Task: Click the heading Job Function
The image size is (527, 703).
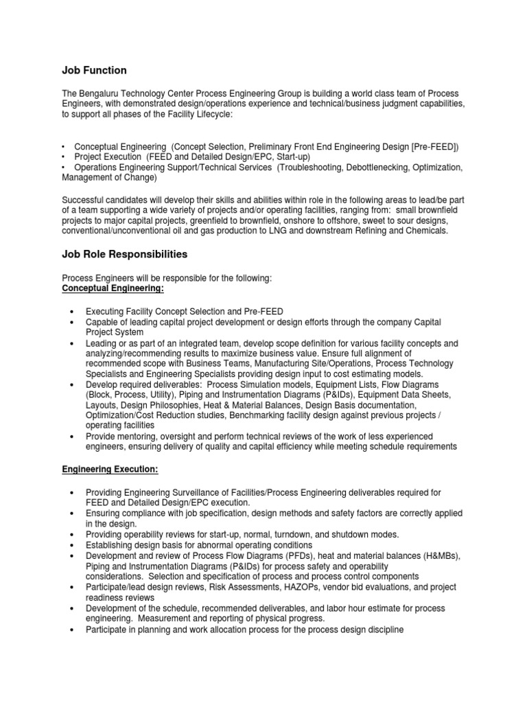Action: click(94, 70)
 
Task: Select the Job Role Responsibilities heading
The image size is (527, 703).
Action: click(124, 254)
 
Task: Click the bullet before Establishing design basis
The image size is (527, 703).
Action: click(72, 545)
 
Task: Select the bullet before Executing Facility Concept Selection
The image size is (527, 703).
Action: click(72, 312)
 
